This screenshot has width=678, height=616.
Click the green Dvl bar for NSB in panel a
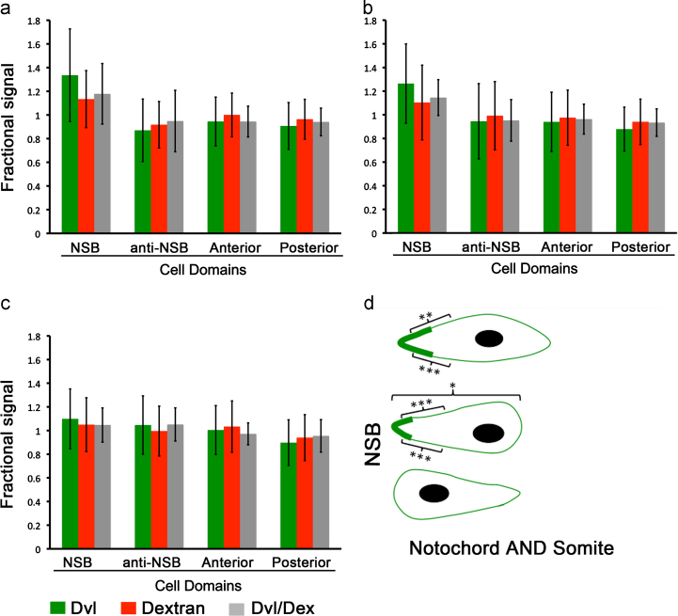pyautogui.click(x=70, y=154)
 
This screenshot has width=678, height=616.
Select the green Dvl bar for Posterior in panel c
pyautogui.click(x=288, y=495)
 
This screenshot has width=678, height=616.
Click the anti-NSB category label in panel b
pyautogui.click(x=491, y=247)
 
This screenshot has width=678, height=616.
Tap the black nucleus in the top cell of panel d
pyautogui.click(x=488, y=339)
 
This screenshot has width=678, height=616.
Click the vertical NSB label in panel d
pyautogui.click(x=372, y=434)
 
